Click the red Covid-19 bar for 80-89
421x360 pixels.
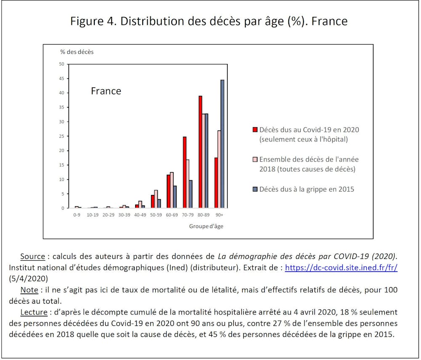click(x=200, y=152)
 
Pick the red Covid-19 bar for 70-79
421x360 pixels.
click(x=184, y=172)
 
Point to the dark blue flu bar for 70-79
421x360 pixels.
click(x=191, y=194)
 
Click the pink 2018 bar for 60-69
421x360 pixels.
click(x=172, y=190)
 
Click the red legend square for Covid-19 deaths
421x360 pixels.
click(x=255, y=130)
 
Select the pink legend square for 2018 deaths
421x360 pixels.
click(x=255, y=160)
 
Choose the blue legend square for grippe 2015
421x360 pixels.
click(x=255, y=189)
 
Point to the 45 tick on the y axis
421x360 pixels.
click(x=62, y=79)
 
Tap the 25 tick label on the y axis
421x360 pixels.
click(x=62, y=136)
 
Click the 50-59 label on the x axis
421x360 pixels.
click(x=156, y=214)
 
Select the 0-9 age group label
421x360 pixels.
click(x=76, y=214)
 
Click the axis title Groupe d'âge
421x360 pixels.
click(x=206, y=226)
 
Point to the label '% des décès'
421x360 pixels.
click(x=77, y=52)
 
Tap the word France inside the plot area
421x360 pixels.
click(x=106, y=91)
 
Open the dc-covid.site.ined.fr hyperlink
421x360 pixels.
click(x=341, y=268)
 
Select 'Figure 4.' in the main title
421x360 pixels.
click(x=93, y=21)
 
